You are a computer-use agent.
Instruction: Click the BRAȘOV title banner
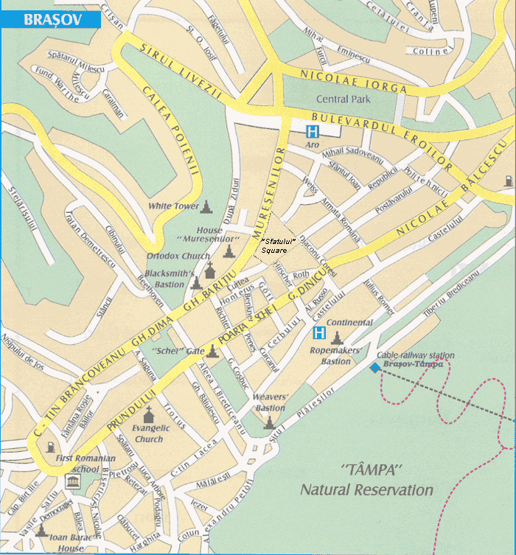pyautogui.click(x=50, y=19)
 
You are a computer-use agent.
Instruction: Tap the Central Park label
pyautogui.click(x=341, y=99)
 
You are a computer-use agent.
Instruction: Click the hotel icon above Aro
pyautogui.click(x=313, y=132)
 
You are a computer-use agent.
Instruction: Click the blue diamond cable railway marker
pyautogui.click(x=375, y=367)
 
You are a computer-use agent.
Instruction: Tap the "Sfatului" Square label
pyautogui.click(x=279, y=246)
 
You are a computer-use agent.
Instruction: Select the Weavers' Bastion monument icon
pyautogui.click(x=269, y=422)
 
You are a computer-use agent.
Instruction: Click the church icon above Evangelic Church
pyautogui.click(x=148, y=412)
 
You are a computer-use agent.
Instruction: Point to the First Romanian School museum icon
pyautogui.click(x=73, y=482)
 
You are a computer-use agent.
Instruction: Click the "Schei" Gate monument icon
pyautogui.click(x=213, y=350)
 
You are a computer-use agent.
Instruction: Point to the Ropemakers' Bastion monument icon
pyautogui.click(x=337, y=338)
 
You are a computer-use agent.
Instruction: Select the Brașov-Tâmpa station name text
pyautogui.click(x=414, y=364)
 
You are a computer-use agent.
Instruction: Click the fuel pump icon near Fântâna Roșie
pyautogui.click(x=50, y=446)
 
